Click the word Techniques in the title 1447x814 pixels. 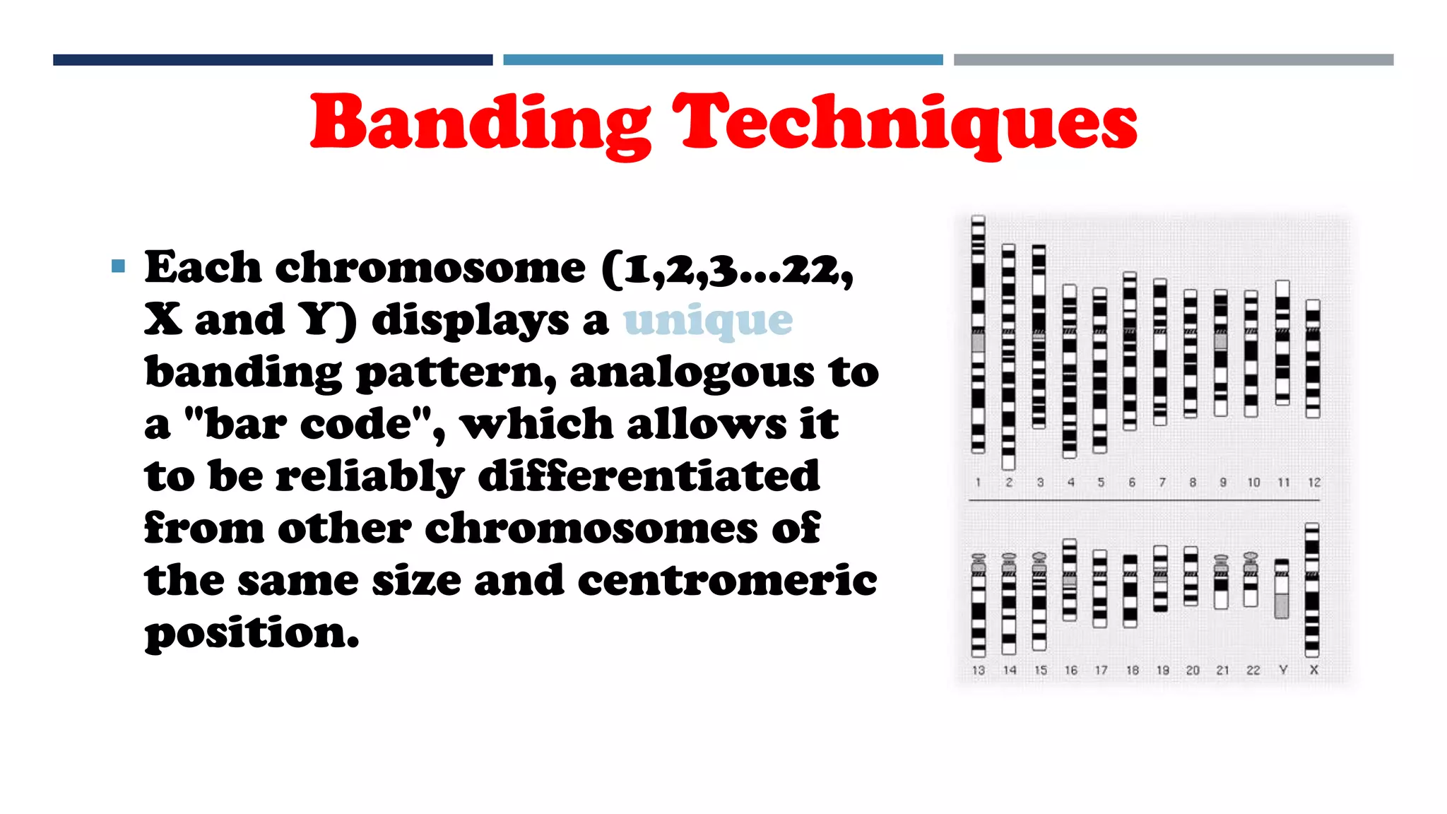[904, 124]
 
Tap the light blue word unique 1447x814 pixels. [708, 320]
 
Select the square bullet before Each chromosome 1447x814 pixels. [118, 266]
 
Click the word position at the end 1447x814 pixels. [252, 632]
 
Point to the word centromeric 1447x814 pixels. [727, 580]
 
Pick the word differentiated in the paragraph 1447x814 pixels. [649, 476]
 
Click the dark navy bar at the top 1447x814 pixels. [273, 60]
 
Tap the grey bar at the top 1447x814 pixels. [1174, 60]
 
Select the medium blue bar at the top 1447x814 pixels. [723, 60]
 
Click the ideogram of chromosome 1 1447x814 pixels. [978, 334]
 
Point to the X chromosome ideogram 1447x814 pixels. [1312, 590]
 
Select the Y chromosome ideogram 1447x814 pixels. [1282, 589]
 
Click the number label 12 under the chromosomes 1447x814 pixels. [1314, 483]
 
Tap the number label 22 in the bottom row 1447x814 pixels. [1253, 670]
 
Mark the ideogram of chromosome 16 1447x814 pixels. [1070, 579]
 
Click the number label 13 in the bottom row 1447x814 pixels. [979, 670]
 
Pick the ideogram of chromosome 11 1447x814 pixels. [1282, 343]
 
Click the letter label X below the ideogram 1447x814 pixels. [1313, 670]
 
